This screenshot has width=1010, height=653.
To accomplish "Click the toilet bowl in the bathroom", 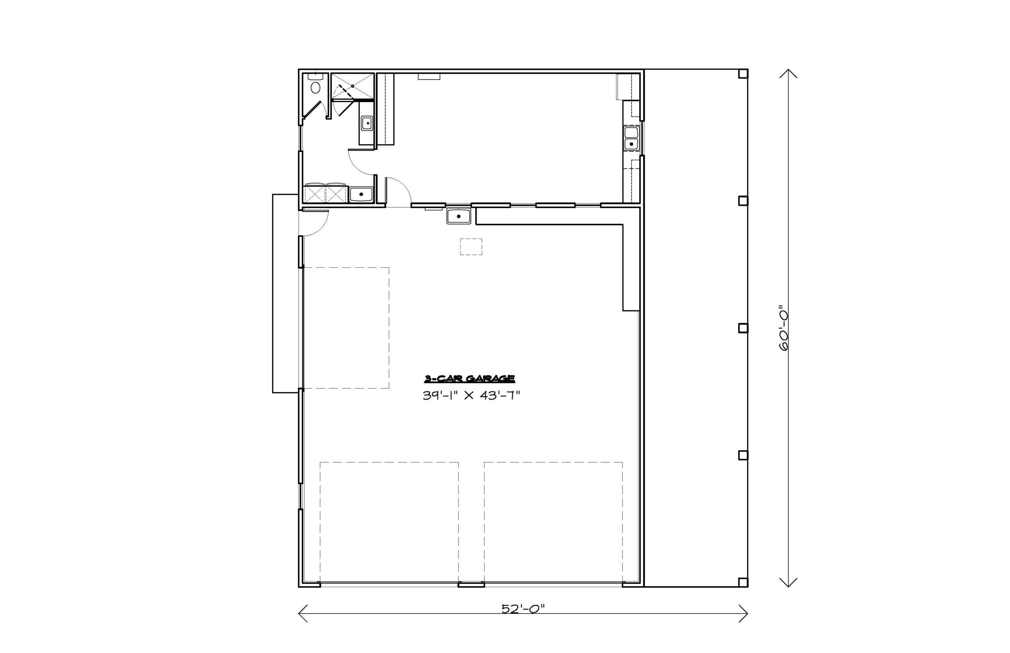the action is pos(315,88).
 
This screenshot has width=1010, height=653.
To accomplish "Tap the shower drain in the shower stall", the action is pos(352,86).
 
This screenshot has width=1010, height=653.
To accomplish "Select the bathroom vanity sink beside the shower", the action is pos(367,123).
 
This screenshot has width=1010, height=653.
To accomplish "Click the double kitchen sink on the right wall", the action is pos(631,138).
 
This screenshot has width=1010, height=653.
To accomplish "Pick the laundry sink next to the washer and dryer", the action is pos(361,194).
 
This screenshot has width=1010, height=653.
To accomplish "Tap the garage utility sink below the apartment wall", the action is pos(458,216).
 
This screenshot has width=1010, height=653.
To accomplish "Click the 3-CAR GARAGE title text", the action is pos(469,379).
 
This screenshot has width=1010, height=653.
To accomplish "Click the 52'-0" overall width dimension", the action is pos(523,609).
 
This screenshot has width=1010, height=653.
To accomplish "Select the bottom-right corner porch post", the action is pos(743,582).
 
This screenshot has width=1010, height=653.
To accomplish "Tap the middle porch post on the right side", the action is pos(743,328).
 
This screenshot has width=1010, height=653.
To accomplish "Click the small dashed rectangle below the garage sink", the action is pos(471,247).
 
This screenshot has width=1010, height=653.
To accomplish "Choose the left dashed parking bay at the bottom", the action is pos(389,523).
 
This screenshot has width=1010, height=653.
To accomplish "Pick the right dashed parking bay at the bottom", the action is pos(554,523).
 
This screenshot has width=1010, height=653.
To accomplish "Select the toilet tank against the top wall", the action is pos(316,77).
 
